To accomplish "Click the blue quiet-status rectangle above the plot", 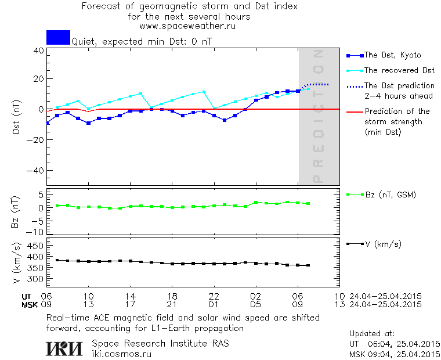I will pos(58,37).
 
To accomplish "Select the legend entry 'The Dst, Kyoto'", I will pos(392,55).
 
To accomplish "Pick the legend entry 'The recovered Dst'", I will pos(399,70).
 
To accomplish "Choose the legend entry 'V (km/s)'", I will pos(384,244).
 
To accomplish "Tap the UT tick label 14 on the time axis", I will pos(131,296).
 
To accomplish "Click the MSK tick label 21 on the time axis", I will pos(172,304).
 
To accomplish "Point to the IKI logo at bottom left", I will pos(66,348).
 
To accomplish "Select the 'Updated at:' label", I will pos(371,334).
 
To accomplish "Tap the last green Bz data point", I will pos(308,204).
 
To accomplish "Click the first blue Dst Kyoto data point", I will pos(47,123).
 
